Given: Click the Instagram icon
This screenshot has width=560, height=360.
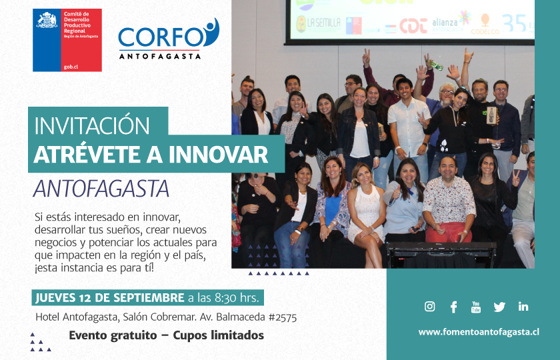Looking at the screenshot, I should [x=430, y=307].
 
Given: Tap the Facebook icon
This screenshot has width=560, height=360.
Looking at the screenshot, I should [x=453, y=307].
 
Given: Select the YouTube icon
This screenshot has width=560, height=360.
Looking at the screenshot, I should [x=476, y=307].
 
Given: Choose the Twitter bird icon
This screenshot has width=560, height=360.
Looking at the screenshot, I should [x=499, y=307].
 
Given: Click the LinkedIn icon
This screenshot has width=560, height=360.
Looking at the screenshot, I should [x=523, y=307].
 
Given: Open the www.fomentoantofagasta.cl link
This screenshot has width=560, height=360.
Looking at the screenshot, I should [x=479, y=331].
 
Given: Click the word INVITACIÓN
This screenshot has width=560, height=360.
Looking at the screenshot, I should [x=92, y=126].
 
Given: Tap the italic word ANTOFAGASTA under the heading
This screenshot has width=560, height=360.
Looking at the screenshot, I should [x=101, y=188].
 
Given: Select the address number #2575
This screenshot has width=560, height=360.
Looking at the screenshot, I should [x=281, y=317].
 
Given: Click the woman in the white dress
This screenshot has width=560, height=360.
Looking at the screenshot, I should [x=366, y=207].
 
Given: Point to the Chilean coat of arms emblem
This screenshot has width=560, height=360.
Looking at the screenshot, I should [x=47, y=21].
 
